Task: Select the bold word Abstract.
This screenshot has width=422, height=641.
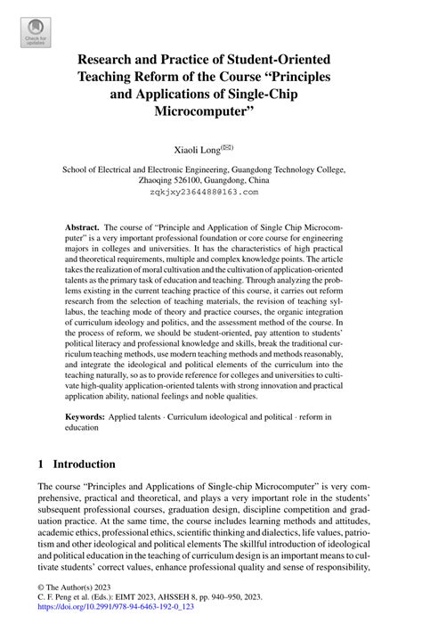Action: click(83, 228)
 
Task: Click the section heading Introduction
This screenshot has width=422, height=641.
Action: click(84, 464)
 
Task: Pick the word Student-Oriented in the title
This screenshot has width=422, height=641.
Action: click(272, 58)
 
